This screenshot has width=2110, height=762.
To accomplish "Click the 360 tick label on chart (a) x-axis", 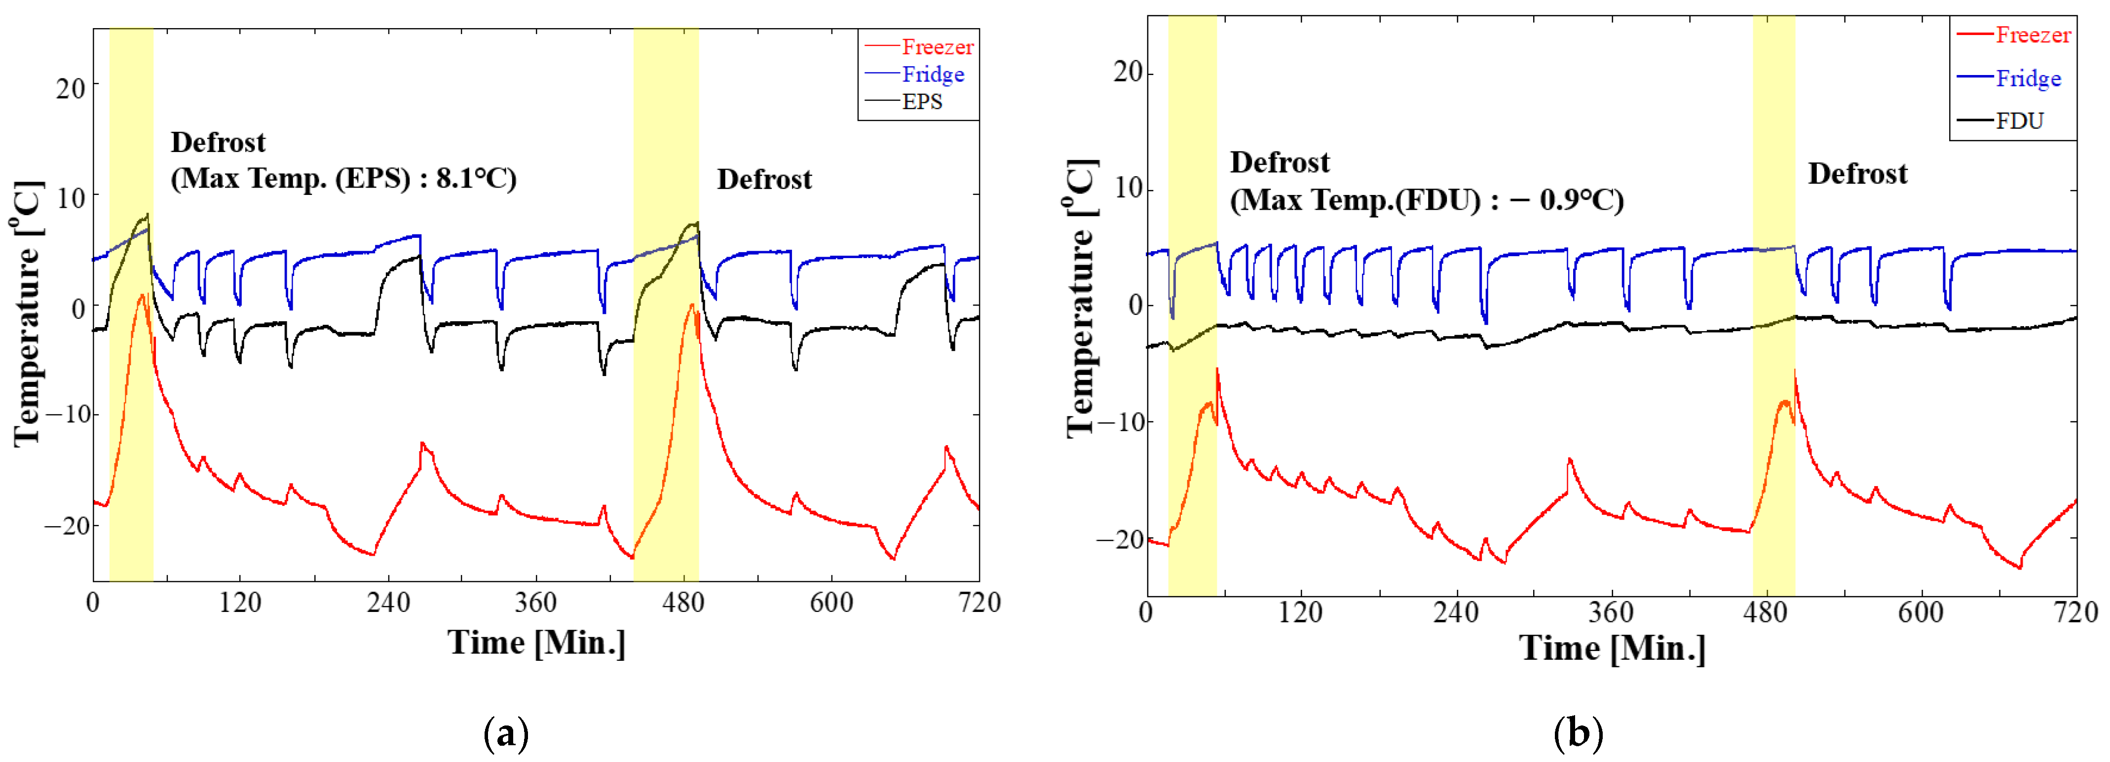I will pyautogui.click(x=536, y=603).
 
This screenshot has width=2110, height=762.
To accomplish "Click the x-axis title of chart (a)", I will pyautogui.click(x=536, y=643).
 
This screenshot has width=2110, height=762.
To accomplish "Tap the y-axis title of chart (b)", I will pyautogui.click(x=1081, y=299).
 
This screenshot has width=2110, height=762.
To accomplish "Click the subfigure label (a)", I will pyautogui.click(x=506, y=733).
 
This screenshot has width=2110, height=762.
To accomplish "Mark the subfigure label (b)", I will pyautogui.click(x=1578, y=733).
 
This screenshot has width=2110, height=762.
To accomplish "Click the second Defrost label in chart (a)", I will pyautogui.click(x=764, y=180).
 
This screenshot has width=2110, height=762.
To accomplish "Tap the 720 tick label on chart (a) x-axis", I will pyautogui.click(x=980, y=603).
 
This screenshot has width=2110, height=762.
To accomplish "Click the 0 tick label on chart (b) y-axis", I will pyautogui.click(x=1135, y=305).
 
